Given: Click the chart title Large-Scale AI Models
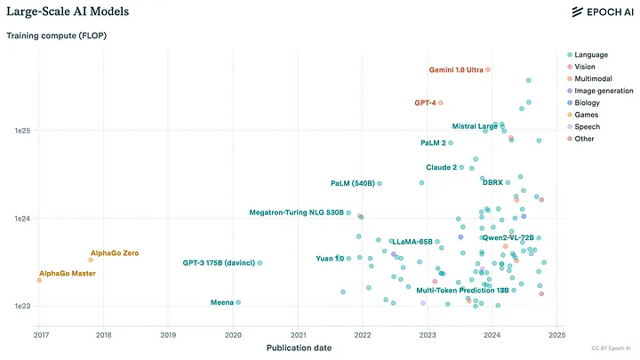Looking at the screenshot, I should pos(68,12).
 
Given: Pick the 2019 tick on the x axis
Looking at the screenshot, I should pos(168,335).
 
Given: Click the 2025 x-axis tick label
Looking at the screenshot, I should pos(556,335).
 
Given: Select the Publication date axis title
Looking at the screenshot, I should pos(300,348).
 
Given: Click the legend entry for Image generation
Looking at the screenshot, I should pos(604,91).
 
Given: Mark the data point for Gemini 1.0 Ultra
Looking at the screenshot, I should pos(488,69).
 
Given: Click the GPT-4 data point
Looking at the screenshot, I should pos(441,103).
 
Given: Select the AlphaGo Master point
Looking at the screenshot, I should pos(39,280).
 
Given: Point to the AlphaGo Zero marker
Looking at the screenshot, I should pos(91,260).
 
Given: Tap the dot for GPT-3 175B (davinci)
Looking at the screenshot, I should pos(260,263).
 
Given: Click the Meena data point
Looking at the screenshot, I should pos(238,302).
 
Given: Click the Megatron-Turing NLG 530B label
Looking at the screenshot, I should pos(296,212).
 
